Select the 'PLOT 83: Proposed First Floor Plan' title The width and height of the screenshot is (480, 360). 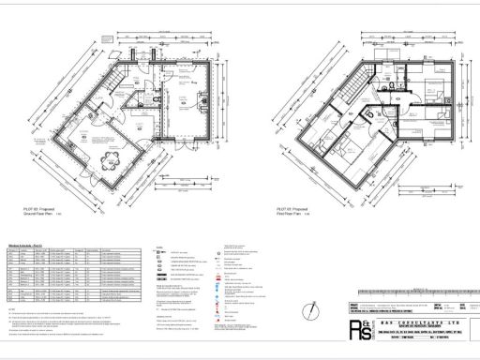(294, 212)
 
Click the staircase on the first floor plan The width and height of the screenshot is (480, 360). (357, 89)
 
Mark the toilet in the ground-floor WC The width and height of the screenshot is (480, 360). (140, 97)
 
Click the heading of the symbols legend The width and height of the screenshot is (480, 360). (169, 251)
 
